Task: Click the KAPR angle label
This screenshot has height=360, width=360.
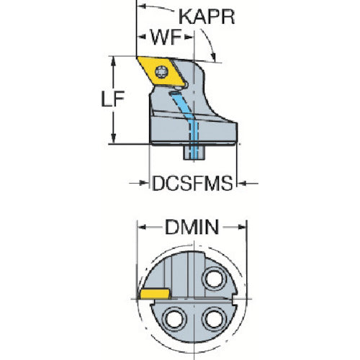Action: click(x=207, y=17)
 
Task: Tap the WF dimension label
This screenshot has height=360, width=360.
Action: click(x=166, y=37)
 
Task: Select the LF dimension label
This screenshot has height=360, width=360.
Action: click(x=112, y=99)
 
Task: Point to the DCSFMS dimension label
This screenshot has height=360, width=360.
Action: click(x=192, y=184)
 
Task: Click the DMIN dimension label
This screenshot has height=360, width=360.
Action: click(x=192, y=228)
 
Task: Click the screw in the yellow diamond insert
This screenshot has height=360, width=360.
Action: click(x=161, y=71)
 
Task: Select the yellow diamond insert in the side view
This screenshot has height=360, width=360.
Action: click(x=161, y=71)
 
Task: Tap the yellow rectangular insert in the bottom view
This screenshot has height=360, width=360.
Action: click(x=155, y=294)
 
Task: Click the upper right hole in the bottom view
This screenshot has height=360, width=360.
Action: click(x=215, y=279)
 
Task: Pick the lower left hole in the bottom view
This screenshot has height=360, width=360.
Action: click(x=174, y=320)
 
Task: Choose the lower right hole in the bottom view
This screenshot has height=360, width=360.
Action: click(x=215, y=320)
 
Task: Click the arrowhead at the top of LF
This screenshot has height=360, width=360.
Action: click(x=114, y=62)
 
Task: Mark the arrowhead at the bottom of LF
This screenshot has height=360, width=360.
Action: click(x=114, y=139)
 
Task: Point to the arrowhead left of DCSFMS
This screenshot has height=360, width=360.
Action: click(x=143, y=184)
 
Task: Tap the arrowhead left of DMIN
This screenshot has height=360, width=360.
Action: click(x=143, y=227)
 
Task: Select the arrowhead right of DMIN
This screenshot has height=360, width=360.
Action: click(x=242, y=227)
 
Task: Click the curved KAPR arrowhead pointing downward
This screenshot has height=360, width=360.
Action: click(x=213, y=57)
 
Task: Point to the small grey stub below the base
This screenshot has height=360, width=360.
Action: click(x=194, y=153)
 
